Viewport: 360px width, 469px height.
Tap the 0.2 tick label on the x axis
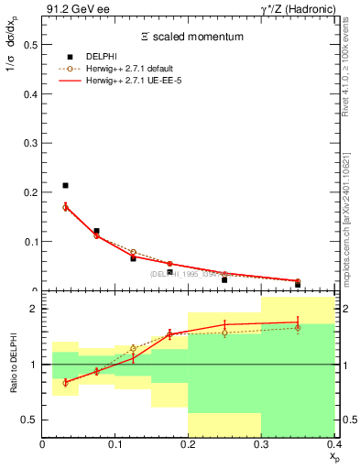click(x=188, y=444)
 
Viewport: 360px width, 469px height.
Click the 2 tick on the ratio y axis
click(x=35, y=309)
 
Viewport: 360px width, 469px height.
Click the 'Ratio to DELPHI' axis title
click(x=13, y=364)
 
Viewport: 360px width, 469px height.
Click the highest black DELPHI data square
click(x=65, y=186)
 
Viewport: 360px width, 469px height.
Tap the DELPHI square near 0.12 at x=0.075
click(x=97, y=231)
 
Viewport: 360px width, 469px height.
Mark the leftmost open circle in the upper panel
click(x=65, y=207)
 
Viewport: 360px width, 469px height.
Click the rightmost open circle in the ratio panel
click(x=298, y=328)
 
